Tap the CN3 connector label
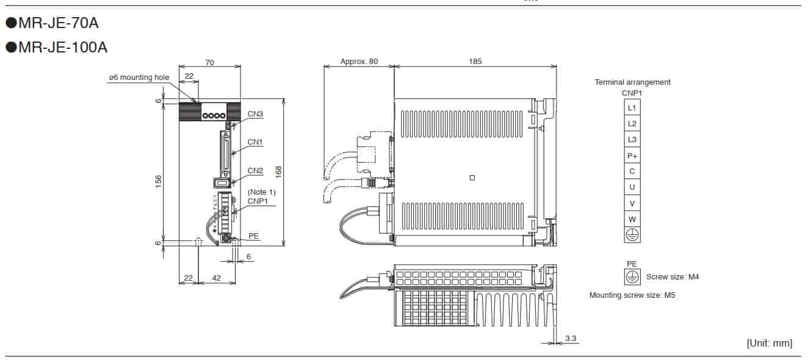(255, 113)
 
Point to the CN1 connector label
(255, 142)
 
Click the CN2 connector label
(255, 170)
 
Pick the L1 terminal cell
(632, 107)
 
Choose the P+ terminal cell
(632, 155)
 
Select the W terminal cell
(632, 218)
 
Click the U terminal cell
(632, 187)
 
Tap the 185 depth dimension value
(475, 61)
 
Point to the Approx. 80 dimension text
(359, 61)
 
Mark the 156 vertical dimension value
(159, 181)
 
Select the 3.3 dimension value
(571, 337)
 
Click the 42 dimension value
(216, 278)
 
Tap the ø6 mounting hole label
(139, 77)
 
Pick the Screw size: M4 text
(673, 276)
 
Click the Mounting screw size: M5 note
(632, 295)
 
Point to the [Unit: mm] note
(769, 343)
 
